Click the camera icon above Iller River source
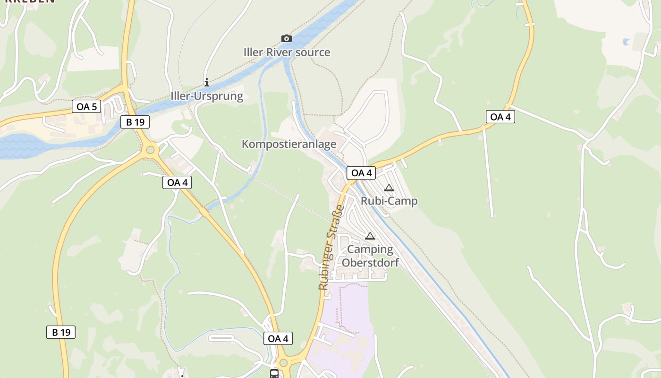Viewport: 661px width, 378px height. click(286, 38)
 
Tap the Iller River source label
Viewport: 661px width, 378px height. click(287, 52)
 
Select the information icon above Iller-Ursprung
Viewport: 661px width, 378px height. click(206, 83)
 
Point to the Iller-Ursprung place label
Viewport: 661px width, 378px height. click(207, 96)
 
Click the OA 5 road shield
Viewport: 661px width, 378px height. click(86, 106)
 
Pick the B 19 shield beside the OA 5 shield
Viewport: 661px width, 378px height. click(135, 122)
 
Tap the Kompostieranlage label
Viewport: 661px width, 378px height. click(289, 144)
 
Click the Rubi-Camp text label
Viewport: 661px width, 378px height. click(389, 201)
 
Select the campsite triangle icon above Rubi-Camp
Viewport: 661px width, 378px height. click(389, 188)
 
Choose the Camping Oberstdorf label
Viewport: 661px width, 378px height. click(370, 256)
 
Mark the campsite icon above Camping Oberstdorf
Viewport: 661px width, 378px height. click(370, 236)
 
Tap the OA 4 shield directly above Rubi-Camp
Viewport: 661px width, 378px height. click(361, 173)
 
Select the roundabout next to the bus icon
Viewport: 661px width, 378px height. click(283, 363)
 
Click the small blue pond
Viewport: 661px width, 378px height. click(626, 42)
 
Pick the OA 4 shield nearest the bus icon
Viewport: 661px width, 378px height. click(278, 338)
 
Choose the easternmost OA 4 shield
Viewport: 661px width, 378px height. click(500, 117)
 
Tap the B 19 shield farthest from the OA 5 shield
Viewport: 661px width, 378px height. click(61, 332)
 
